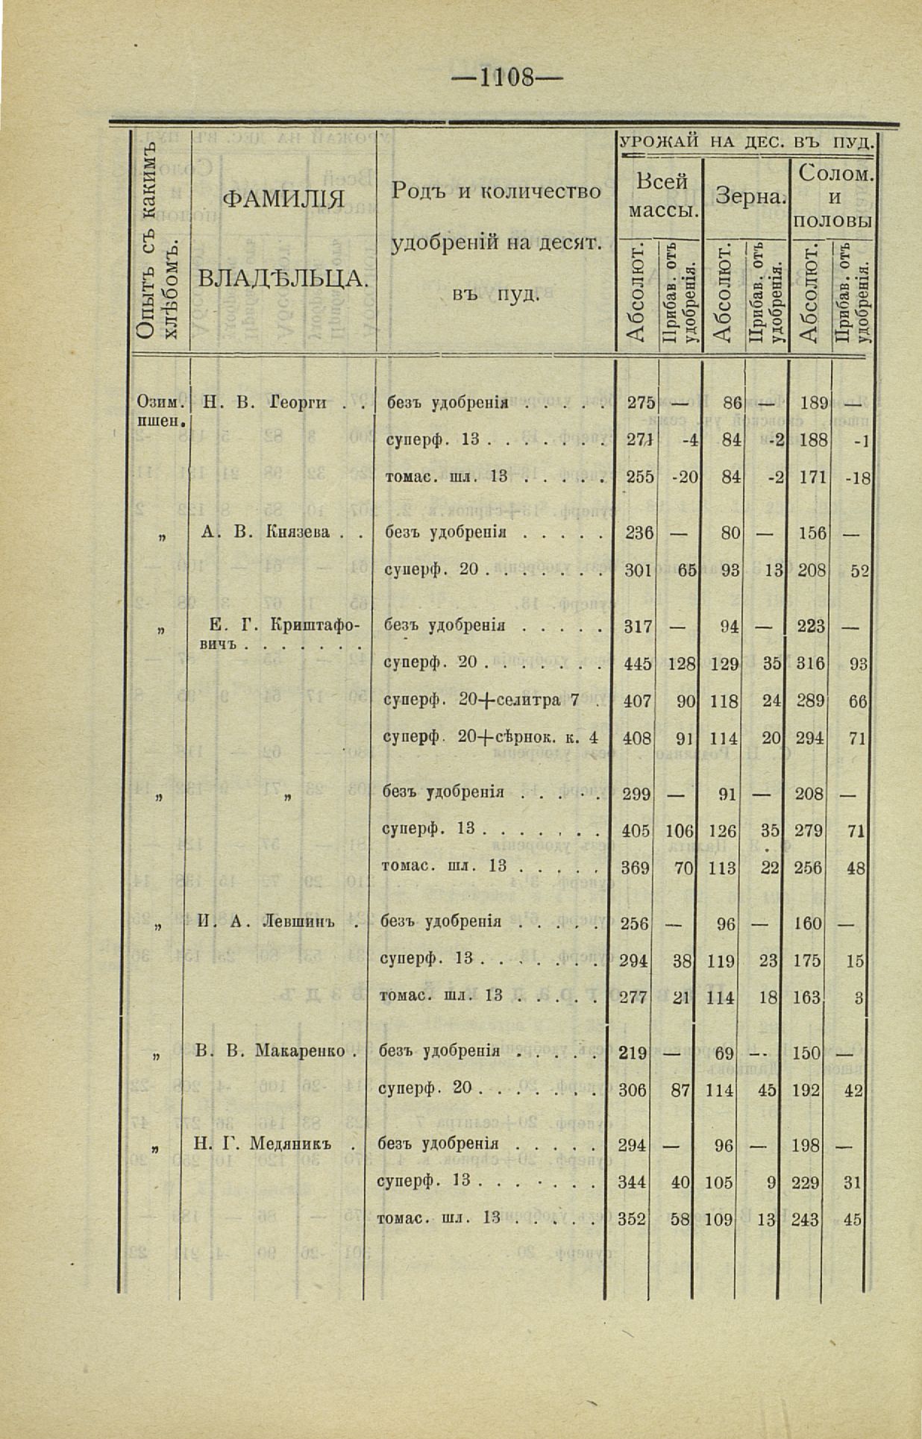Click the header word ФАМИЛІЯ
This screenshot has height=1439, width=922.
[283, 200]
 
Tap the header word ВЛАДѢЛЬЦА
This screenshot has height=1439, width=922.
[283, 280]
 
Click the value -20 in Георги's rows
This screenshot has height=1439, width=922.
[683, 477]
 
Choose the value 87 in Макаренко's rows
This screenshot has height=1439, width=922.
[680, 1090]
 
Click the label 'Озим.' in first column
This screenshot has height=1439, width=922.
[156, 403]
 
